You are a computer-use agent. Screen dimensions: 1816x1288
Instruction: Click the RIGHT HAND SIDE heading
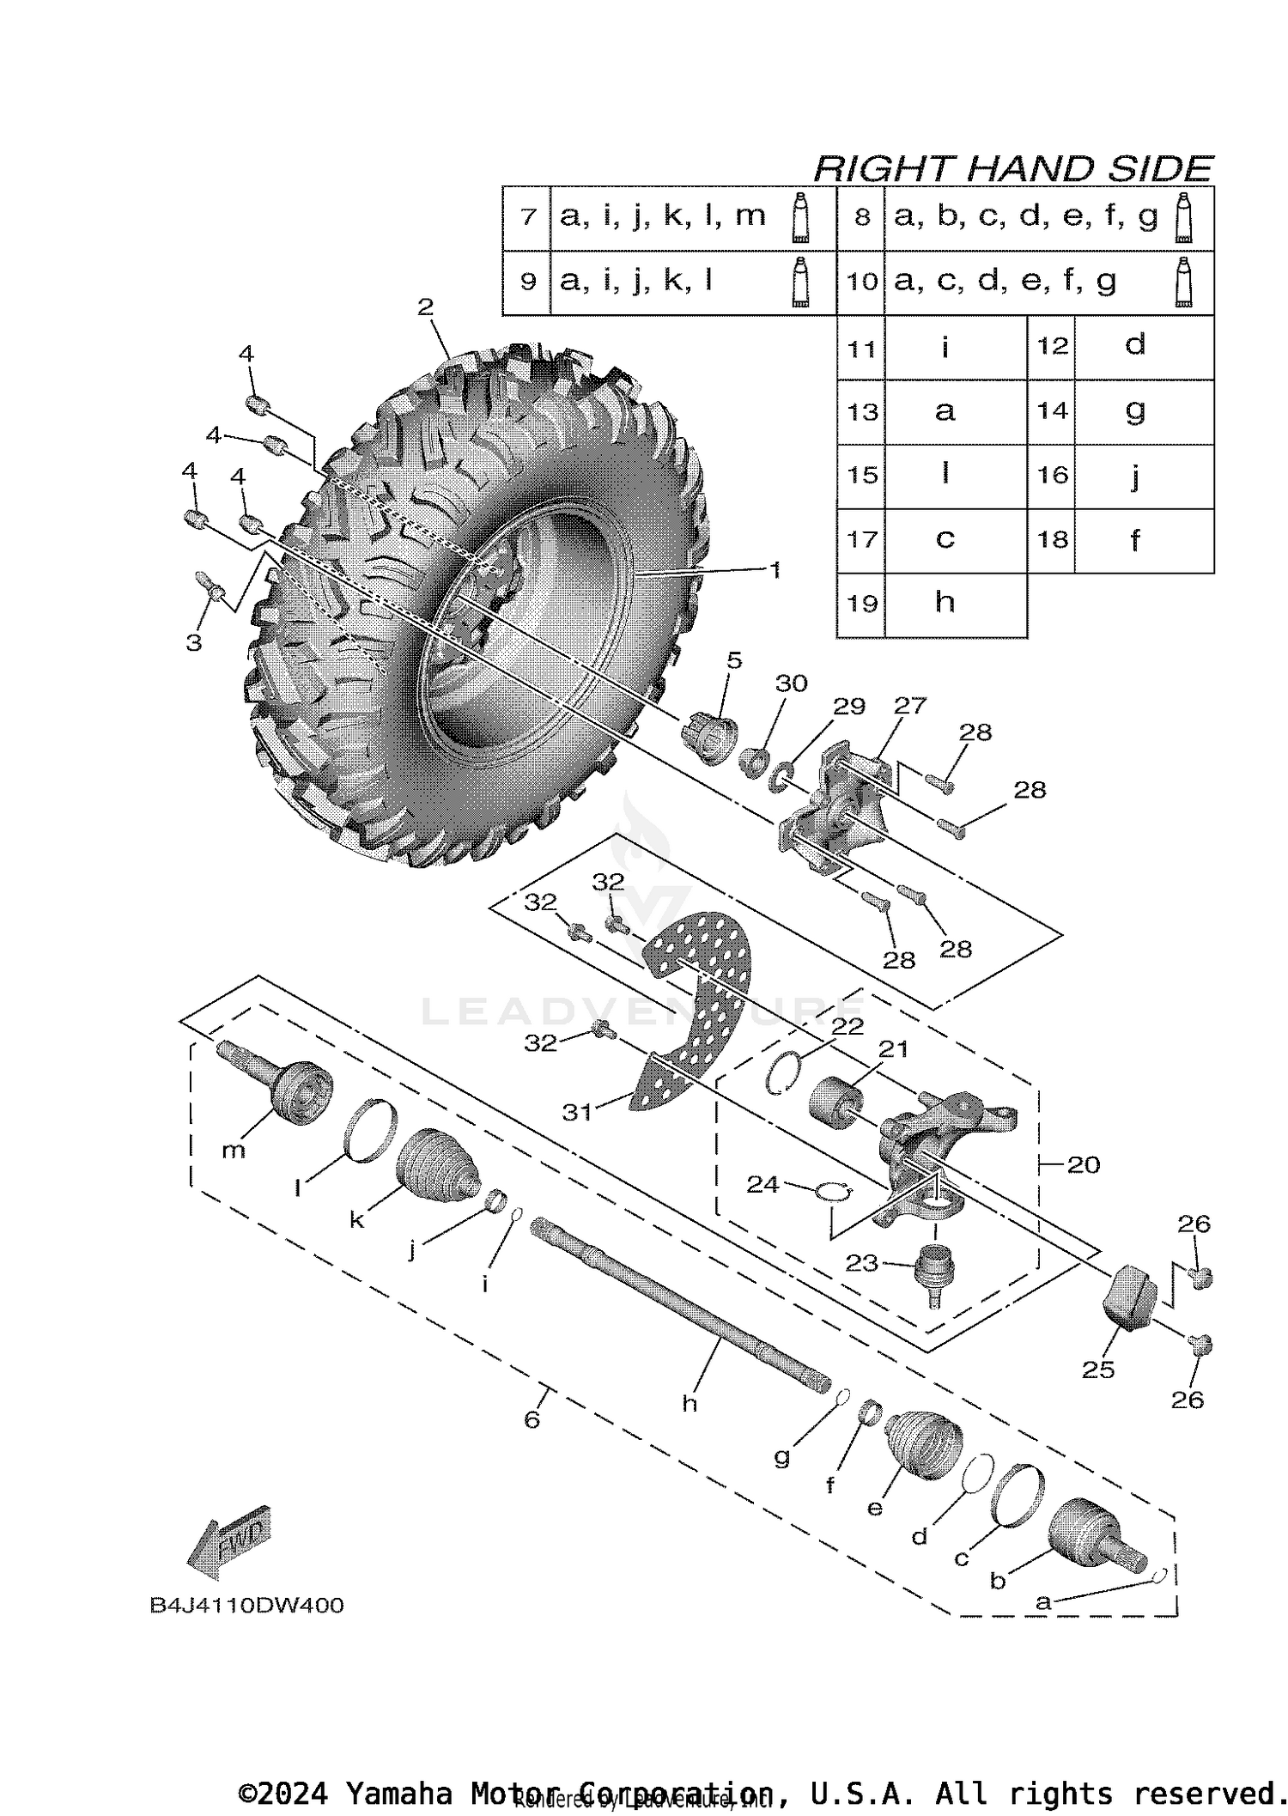tap(1012, 168)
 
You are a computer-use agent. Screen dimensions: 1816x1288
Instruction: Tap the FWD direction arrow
tap(228, 1546)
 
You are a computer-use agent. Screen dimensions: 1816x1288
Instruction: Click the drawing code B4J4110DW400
tap(246, 1606)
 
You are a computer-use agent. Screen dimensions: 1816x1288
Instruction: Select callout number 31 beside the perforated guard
tap(577, 1112)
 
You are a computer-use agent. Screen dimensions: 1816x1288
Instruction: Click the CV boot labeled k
tap(437, 1163)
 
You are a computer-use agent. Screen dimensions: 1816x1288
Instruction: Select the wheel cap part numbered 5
tap(712, 738)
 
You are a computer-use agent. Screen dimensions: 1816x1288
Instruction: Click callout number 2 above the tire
tap(426, 307)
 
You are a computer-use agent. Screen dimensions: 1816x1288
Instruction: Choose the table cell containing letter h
tap(945, 604)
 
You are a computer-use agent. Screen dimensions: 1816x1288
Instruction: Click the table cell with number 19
tap(860, 604)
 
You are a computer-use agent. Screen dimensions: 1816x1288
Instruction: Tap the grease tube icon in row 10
tap(1184, 282)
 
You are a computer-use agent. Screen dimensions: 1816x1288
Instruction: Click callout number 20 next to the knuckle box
tap(1084, 1164)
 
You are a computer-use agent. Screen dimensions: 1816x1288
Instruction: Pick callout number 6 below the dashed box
tap(532, 1420)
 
